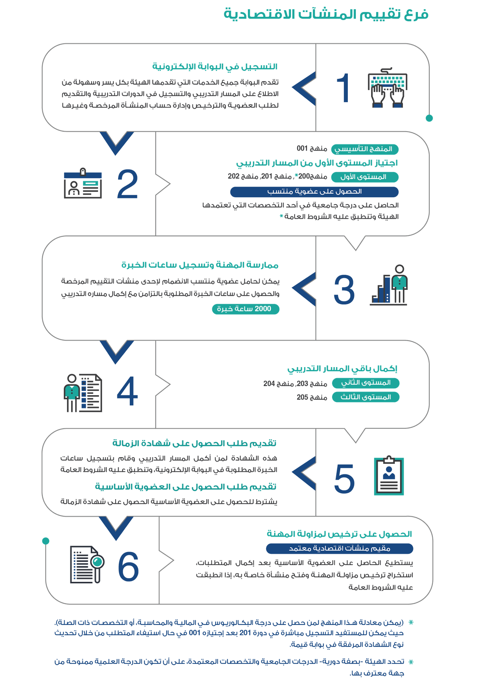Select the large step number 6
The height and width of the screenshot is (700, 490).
tap(128, 567)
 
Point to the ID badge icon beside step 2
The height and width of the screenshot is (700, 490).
tap(83, 183)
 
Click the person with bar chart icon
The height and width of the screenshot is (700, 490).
tap(389, 285)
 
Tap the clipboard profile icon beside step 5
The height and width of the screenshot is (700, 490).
tap(389, 475)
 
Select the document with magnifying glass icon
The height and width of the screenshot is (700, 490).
tap(87, 564)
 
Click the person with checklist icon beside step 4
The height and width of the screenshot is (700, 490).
tap(83, 393)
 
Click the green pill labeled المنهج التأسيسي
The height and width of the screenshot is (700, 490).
tap(365, 149)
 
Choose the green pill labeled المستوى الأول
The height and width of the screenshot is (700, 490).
tap(365, 177)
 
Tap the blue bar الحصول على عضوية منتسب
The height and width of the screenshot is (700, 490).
tap(314, 192)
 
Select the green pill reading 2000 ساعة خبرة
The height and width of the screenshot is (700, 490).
tap(246, 309)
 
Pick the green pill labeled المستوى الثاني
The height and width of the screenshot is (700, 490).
tap(366, 383)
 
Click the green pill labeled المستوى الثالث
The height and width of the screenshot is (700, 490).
tap(366, 397)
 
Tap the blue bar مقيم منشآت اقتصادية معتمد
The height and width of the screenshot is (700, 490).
tap(339, 548)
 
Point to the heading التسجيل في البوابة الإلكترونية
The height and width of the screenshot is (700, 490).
tap(215, 67)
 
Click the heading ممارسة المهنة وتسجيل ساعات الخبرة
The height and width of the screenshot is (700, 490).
tap(200, 265)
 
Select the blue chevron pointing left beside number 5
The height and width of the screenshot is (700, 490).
tap(304, 473)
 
